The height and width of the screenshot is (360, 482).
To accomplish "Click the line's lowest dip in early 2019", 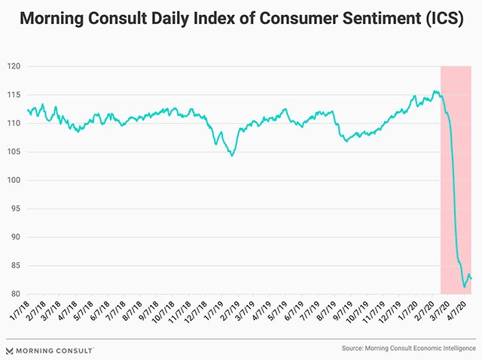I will (x=233, y=155).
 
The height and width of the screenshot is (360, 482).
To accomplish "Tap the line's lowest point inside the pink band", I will (x=464, y=287).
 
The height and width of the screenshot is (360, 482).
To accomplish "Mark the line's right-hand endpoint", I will (x=471, y=279).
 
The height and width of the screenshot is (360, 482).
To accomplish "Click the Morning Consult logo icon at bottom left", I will (x=10, y=350).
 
